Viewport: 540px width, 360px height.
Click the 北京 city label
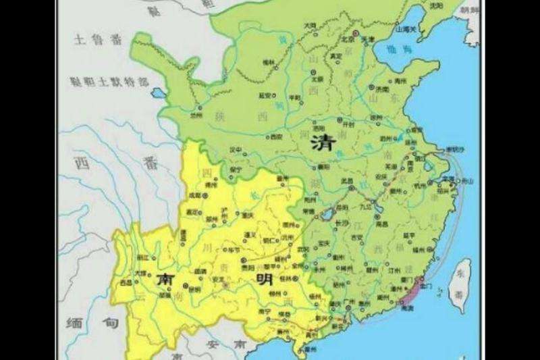click(349, 39)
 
